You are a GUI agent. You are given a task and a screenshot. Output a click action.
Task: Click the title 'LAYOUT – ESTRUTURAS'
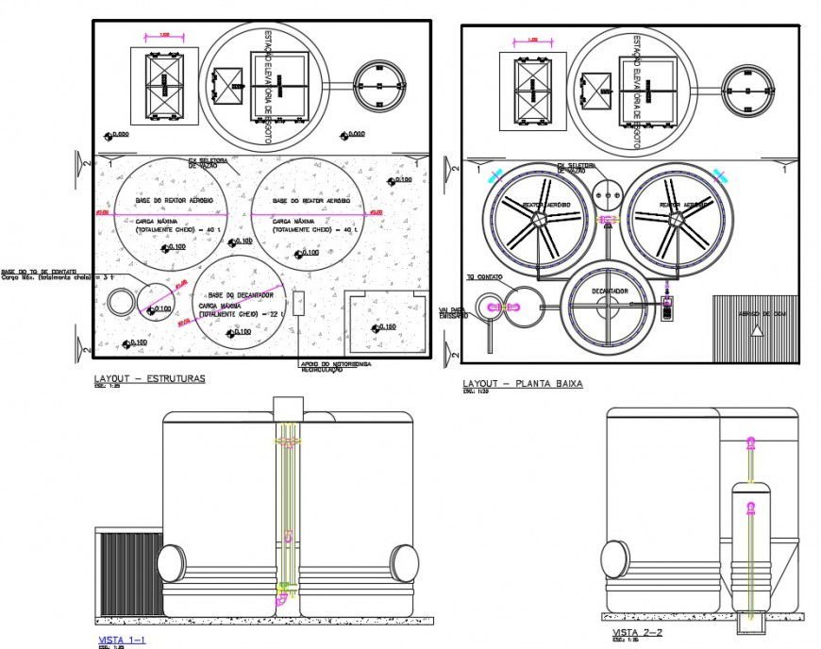click(150, 379)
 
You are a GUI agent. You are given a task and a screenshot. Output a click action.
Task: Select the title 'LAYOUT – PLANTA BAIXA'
click(523, 384)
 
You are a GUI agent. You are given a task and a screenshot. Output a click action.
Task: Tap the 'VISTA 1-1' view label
click(123, 640)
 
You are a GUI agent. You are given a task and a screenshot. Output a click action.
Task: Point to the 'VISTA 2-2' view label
click(637, 632)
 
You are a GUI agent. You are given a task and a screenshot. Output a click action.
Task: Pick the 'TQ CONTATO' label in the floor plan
click(483, 278)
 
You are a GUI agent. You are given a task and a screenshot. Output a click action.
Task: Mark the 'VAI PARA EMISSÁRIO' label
click(453, 312)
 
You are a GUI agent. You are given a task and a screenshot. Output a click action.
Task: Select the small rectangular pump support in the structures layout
click(298, 303)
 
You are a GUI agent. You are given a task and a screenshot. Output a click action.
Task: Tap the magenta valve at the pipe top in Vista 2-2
click(751, 442)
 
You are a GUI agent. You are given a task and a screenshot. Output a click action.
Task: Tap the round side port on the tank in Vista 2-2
click(614, 557)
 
